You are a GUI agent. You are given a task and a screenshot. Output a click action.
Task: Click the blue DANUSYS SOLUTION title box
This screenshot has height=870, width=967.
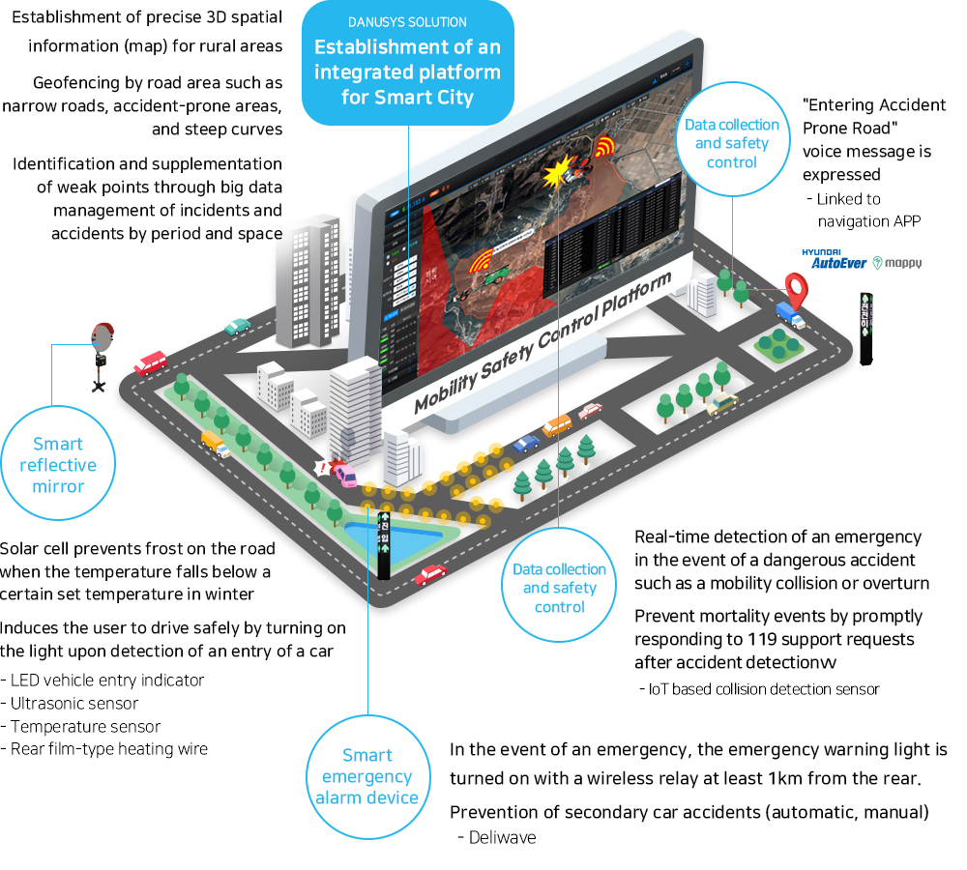[x=408, y=60]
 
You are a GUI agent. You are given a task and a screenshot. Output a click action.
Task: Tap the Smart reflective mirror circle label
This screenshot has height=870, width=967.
[x=58, y=465]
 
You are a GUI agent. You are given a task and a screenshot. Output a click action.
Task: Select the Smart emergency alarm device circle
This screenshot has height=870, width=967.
[x=367, y=776]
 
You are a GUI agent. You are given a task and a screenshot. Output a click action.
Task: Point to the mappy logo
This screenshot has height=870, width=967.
[x=896, y=262]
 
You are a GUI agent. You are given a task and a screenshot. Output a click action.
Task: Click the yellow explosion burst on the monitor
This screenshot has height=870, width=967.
[x=558, y=175]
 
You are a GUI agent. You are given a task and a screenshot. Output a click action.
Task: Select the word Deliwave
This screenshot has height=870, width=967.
[x=502, y=837]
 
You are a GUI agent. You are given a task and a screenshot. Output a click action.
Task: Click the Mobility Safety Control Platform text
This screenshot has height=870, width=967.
[x=542, y=344]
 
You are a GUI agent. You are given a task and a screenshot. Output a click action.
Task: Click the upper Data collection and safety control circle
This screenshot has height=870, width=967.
[x=731, y=143]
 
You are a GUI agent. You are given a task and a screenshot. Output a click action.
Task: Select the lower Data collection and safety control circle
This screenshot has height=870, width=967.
[x=560, y=588]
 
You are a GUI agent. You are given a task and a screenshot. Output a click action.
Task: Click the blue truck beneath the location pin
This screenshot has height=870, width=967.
[x=790, y=313]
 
